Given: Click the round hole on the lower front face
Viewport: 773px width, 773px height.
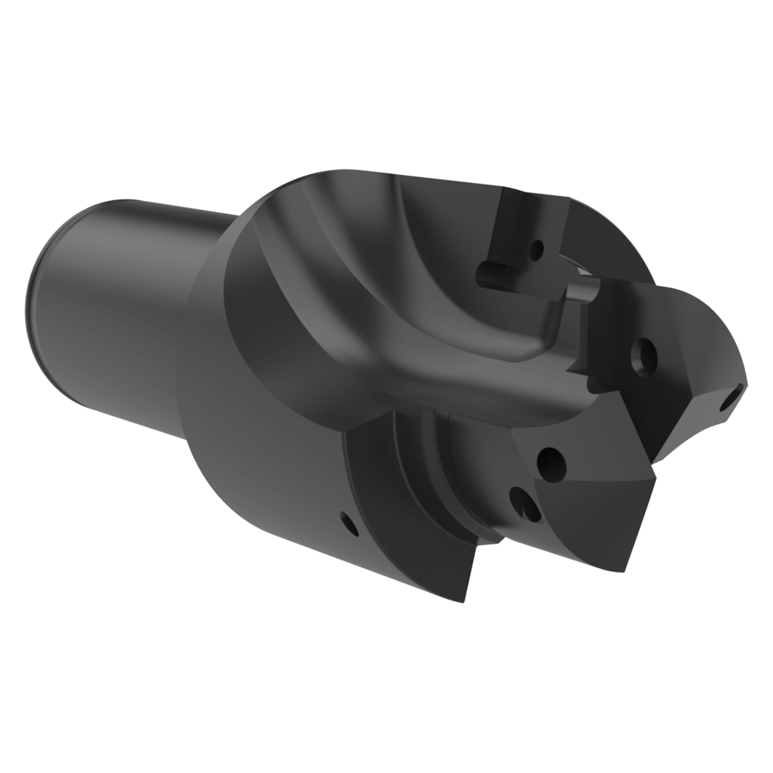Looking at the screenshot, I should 549,461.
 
